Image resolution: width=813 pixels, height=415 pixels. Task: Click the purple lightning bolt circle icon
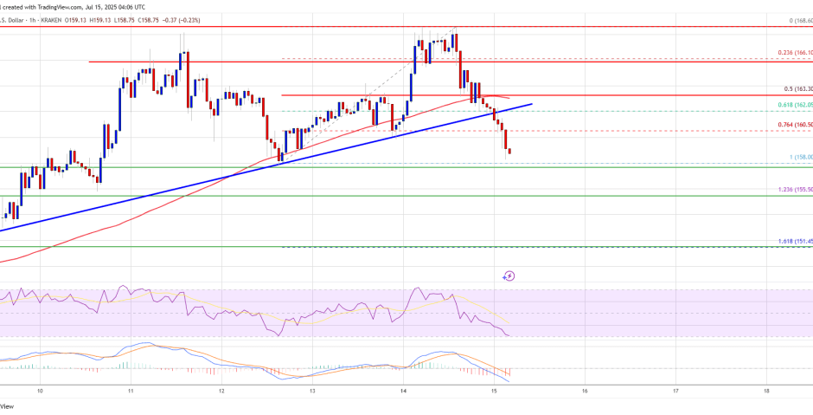click(x=509, y=276)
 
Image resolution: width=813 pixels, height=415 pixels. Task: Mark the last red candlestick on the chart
click(x=509, y=152)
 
